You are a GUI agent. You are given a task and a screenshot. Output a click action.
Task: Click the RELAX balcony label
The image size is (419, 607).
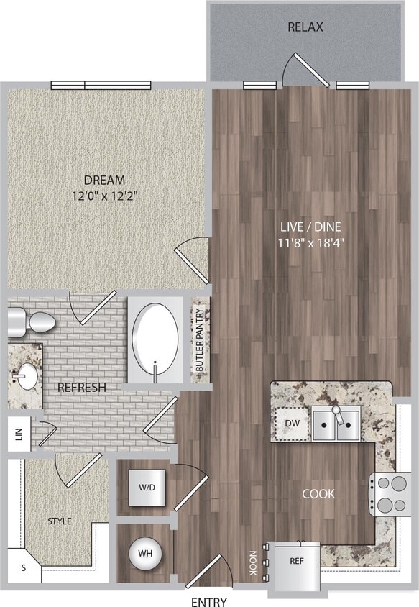pyautogui.click(x=305, y=27)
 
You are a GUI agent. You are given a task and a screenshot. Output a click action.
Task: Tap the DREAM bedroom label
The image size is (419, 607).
pyautogui.click(x=104, y=180)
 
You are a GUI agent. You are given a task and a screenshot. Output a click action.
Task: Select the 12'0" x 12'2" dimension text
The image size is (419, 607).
pyautogui.click(x=104, y=194)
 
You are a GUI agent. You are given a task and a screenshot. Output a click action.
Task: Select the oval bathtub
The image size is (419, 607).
pyautogui.click(x=155, y=339)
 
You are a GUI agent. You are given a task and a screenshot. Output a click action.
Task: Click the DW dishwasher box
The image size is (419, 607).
pyautogui.click(x=293, y=424)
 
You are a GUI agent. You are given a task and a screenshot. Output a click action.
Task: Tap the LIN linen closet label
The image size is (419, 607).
pyautogui.click(x=19, y=435)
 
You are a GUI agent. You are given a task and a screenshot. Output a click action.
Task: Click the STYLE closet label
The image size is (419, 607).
pyautogui.click(x=59, y=521)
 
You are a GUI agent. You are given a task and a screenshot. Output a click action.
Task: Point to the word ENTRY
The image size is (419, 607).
pyautogui.click(x=209, y=601)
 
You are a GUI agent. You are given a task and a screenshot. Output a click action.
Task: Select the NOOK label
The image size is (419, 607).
pyautogui.click(x=253, y=559)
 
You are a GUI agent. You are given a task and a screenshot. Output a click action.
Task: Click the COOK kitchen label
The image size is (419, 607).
pyautogui.click(x=318, y=494)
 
